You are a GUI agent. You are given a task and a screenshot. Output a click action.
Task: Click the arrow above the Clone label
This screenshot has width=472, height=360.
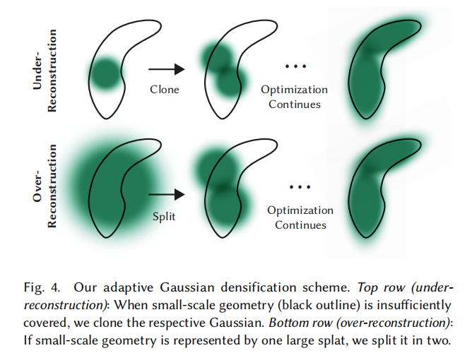pos(167,69)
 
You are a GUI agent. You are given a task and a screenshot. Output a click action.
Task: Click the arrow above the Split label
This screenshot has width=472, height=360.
pos(167,194)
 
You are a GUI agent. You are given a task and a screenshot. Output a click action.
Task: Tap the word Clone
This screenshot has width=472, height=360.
pos(165,90)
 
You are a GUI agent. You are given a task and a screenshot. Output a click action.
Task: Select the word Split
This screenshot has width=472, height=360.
pos(164,217)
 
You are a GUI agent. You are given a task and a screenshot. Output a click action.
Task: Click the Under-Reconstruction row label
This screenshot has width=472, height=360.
pos(45,71)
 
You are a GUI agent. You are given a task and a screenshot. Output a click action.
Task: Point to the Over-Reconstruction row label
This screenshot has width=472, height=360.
pos(45,186)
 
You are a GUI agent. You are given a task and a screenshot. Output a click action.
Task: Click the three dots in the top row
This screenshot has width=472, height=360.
pos(295,66)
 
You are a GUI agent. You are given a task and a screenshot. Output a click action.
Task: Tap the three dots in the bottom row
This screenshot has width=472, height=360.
pos(300,187)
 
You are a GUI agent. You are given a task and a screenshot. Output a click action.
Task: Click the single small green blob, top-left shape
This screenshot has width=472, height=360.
pos(105,74)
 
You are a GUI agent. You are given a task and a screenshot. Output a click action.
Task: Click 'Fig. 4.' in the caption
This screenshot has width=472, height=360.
pos(42,288)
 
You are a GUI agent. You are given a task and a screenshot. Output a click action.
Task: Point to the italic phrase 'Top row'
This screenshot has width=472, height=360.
pos(381,288)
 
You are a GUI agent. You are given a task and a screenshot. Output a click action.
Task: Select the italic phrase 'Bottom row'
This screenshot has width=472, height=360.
pos(300,323)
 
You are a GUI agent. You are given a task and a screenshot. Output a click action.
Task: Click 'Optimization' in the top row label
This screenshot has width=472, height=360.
pos(294,90)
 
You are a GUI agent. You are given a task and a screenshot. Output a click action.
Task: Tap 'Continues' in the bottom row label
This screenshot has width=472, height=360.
pos(300,225)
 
